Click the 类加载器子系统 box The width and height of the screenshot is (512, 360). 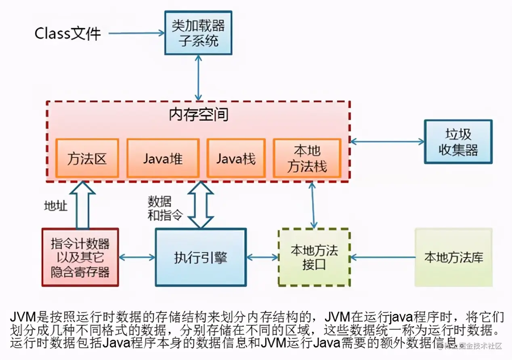click(198, 33)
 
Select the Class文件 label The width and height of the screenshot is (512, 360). click(67, 33)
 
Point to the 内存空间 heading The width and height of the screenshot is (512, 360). click(198, 115)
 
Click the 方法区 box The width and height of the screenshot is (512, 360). click(87, 158)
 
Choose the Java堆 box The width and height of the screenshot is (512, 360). click(163, 158)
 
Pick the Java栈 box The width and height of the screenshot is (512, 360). click(236, 158)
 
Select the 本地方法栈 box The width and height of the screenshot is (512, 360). click(307, 158)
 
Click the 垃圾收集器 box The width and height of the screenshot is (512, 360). click(458, 142)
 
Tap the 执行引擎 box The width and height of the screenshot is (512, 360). click(200, 257)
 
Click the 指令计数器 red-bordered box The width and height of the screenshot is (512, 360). click(80, 257)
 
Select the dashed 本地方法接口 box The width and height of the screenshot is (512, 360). click(314, 257)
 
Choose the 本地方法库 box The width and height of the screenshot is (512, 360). click(453, 257)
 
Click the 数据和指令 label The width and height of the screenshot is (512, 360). click(160, 208)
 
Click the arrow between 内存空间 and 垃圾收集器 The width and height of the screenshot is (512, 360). click(387, 142)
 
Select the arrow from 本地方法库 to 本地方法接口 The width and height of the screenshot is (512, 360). click(384, 257)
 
